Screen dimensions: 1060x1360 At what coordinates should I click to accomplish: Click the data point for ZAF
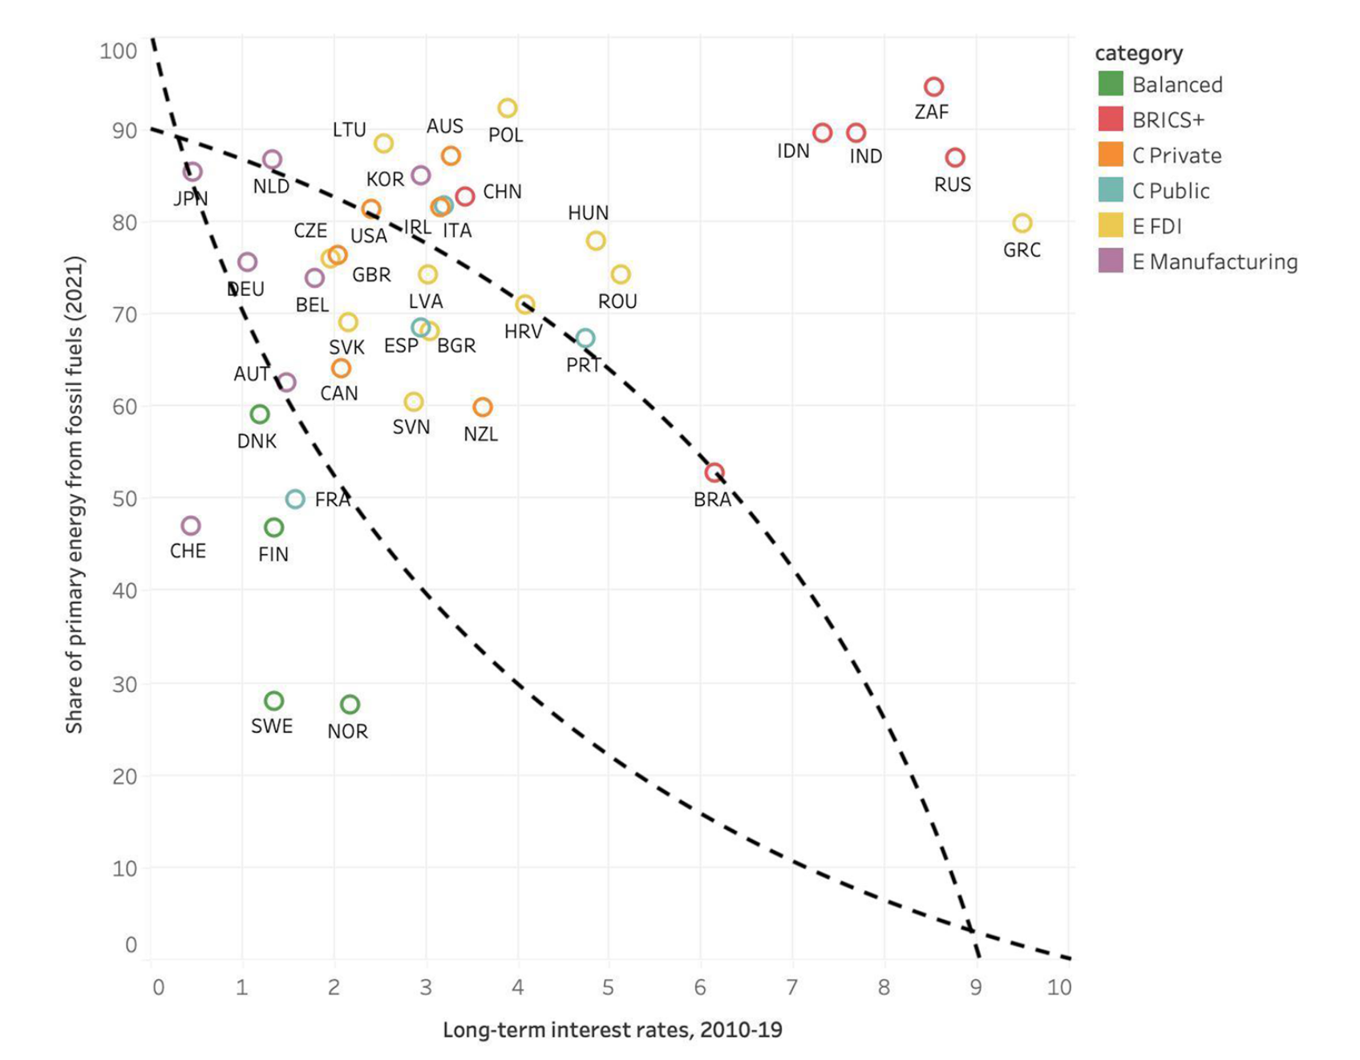933,87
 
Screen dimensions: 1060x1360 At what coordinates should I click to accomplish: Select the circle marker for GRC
1022,223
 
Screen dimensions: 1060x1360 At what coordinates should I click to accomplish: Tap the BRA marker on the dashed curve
714,473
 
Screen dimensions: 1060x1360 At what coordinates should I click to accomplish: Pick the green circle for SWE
273,701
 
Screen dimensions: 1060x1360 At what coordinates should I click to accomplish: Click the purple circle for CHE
190,526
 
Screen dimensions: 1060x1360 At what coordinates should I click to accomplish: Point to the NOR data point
350,705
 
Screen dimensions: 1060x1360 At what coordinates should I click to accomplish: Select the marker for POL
507,108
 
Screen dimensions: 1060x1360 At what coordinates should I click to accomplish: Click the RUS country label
953,185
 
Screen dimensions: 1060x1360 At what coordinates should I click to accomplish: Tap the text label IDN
793,152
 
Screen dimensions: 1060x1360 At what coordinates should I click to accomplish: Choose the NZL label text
481,435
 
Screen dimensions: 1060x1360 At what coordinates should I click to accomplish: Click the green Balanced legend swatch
1111,84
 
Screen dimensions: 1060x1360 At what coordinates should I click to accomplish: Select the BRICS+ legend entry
1168,120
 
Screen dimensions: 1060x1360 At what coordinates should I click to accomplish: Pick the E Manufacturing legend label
1215,261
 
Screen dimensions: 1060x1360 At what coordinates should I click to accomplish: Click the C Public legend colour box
1111,190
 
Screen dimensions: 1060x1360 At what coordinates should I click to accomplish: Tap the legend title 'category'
1139,53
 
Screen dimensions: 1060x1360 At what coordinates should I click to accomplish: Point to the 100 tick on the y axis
118,51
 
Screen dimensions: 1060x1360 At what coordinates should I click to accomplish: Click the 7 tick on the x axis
792,987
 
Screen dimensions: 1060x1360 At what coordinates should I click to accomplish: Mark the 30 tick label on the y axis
124,684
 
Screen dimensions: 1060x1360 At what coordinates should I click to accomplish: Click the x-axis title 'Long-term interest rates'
613,1030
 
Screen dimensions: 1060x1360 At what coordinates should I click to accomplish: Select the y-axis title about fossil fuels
75,494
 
